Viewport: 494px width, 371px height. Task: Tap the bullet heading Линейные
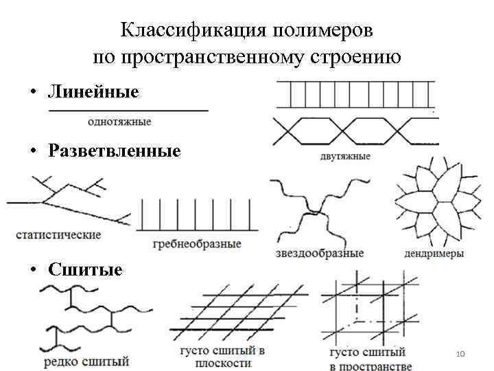(x=93, y=92)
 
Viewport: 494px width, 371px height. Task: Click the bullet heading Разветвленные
(x=115, y=150)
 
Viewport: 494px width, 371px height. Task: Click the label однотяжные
(x=119, y=122)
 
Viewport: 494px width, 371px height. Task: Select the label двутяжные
(x=344, y=156)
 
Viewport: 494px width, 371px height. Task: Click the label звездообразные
(x=318, y=253)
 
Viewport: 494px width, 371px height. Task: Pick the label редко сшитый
(x=86, y=360)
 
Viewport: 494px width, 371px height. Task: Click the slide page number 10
(x=460, y=353)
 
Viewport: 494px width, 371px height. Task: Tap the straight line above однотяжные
(x=128, y=110)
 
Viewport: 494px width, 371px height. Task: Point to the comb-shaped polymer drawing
(x=198, y=214)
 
